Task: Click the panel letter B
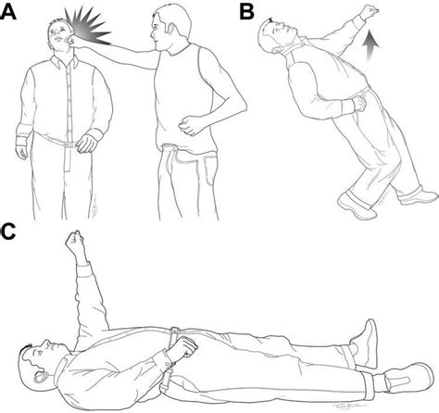(x=246, y=12)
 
